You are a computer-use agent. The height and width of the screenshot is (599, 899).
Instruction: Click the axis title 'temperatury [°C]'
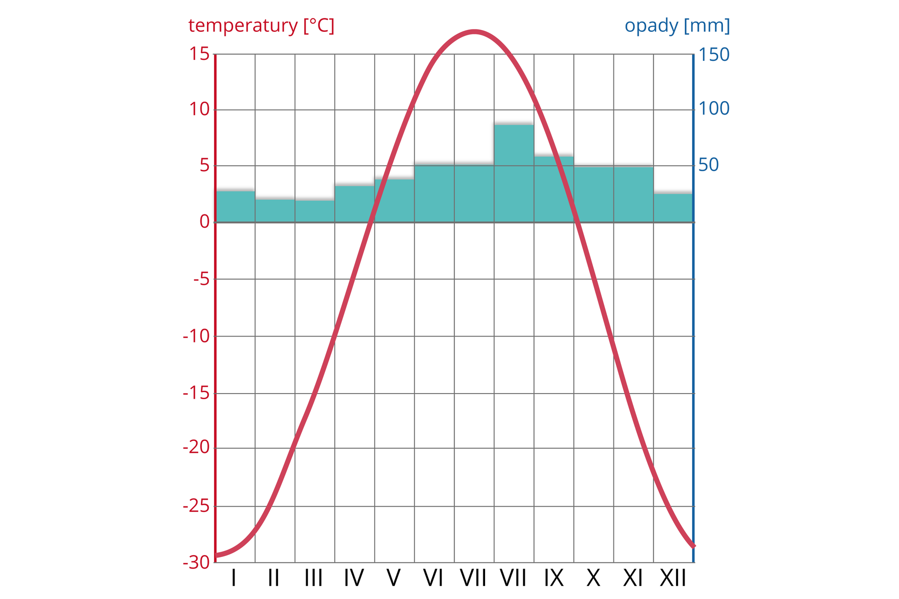pyautogui.click(x=261, y=26)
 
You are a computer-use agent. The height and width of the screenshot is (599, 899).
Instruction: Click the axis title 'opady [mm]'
pyautogui.click(x=677, y=26)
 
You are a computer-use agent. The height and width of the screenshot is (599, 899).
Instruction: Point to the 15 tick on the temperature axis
pyautogui.click(x=199, y=54)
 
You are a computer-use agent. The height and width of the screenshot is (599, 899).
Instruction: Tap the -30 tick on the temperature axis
pyautogui.click(x=196, y=562)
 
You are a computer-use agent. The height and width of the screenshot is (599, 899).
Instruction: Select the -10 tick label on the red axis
pyautogui.click(x=196, y=336)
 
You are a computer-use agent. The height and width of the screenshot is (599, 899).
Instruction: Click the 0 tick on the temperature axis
pyautogui.click(x=205, y=222)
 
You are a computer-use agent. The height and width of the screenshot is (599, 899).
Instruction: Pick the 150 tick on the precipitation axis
pyautogui.click(x=714, y=55)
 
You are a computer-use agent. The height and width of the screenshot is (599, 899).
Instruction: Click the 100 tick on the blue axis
pyautogui.click(x=714, y=109)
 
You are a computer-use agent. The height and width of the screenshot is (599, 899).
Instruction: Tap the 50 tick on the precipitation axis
pyautogui.click(x=708, y=165)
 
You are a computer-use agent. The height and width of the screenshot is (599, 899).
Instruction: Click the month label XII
pyautogui.click(x=673, y=578)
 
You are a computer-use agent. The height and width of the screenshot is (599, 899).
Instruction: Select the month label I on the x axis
pyautogui.click(x=234, y=578)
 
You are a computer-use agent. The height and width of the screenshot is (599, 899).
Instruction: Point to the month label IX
pyautogui.click(x=553, y=578)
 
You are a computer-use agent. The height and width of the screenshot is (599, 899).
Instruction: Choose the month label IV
pyautogui.click(x=354, y=578)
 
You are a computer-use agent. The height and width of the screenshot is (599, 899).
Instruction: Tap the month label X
pyautogui.click(x=593, y=578)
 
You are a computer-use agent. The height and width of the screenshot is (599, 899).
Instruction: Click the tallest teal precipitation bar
pyautogui.click(x=514, y=173)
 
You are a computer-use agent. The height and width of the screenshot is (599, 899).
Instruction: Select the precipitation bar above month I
pyautogui.click(x=236, y=206)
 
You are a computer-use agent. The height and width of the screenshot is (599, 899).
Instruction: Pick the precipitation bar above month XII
pyautogui.click(x=673, y=208)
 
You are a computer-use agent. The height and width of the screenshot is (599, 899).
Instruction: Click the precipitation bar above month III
pyautogui.click(x=315, y=211)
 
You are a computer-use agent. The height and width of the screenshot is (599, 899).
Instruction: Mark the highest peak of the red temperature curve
pyautogui.click(x=474, y=32)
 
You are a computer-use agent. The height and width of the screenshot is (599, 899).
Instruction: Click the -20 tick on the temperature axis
pyautogui.click(x=196, y=448)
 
